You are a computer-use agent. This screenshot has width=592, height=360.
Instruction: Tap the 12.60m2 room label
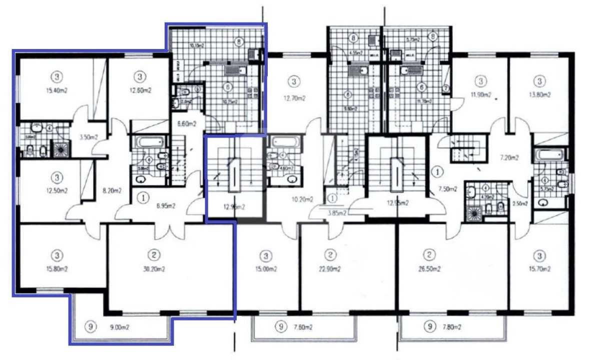coord(140,90)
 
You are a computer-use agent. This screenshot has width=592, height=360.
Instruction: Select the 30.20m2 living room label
coord(155,269)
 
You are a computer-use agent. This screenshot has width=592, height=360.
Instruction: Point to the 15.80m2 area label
coord(58,269)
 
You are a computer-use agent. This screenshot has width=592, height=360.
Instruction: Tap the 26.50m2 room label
coord(428,269)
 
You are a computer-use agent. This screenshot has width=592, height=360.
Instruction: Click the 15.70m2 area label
coord(539,269)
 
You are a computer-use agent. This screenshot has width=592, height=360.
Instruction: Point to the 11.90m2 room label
coord(480,94)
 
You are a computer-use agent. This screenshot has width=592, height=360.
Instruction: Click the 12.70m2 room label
coord(294,98)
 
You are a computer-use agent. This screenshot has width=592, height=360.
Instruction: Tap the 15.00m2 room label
coord(267,269)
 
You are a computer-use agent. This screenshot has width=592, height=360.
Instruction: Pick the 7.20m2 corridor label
coord(510,157)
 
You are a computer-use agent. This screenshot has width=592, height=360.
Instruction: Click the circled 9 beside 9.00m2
coord(90,327)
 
